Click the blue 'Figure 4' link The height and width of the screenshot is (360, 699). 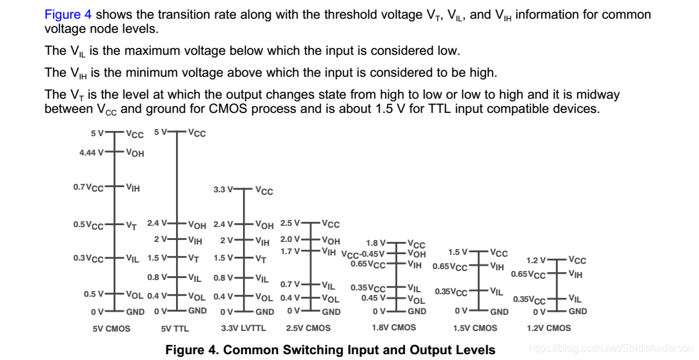63,15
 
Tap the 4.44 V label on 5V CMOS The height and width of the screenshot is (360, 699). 91,153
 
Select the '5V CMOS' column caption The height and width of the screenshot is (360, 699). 112,328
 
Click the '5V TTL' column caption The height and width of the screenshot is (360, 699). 175,328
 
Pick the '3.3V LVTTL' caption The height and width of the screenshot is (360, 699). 243,328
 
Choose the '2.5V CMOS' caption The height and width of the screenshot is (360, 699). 308,328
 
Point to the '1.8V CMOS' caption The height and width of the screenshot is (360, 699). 394,328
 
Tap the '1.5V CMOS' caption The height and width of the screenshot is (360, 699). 475,328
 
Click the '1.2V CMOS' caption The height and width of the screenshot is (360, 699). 549,328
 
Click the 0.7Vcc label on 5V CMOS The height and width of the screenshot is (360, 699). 88,188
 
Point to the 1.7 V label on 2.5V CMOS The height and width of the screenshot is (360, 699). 290,251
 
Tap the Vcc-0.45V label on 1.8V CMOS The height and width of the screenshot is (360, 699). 362,254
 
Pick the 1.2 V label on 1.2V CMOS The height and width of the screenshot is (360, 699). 537,261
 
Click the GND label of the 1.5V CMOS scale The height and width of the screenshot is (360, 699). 499,312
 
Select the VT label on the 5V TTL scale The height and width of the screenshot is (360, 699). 193,259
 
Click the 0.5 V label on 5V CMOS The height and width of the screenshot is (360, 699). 94,294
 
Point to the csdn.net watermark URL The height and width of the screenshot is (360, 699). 610,348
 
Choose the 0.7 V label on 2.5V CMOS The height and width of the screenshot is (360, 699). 290,284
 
